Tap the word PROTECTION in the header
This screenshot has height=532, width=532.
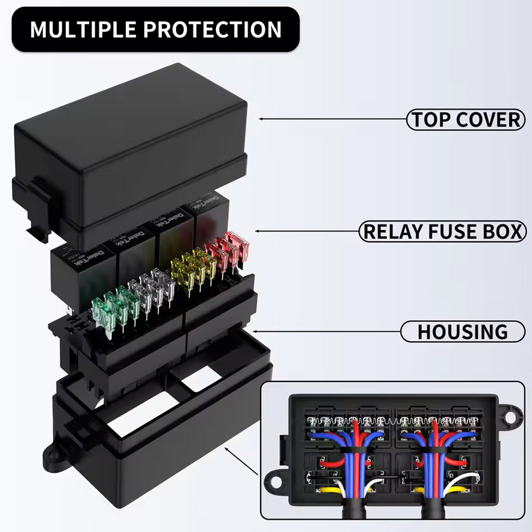[x=215, y=29]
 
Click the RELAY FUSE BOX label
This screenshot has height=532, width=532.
[x=443, y=232]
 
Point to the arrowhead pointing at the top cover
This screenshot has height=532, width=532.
[x=260, y=119]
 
